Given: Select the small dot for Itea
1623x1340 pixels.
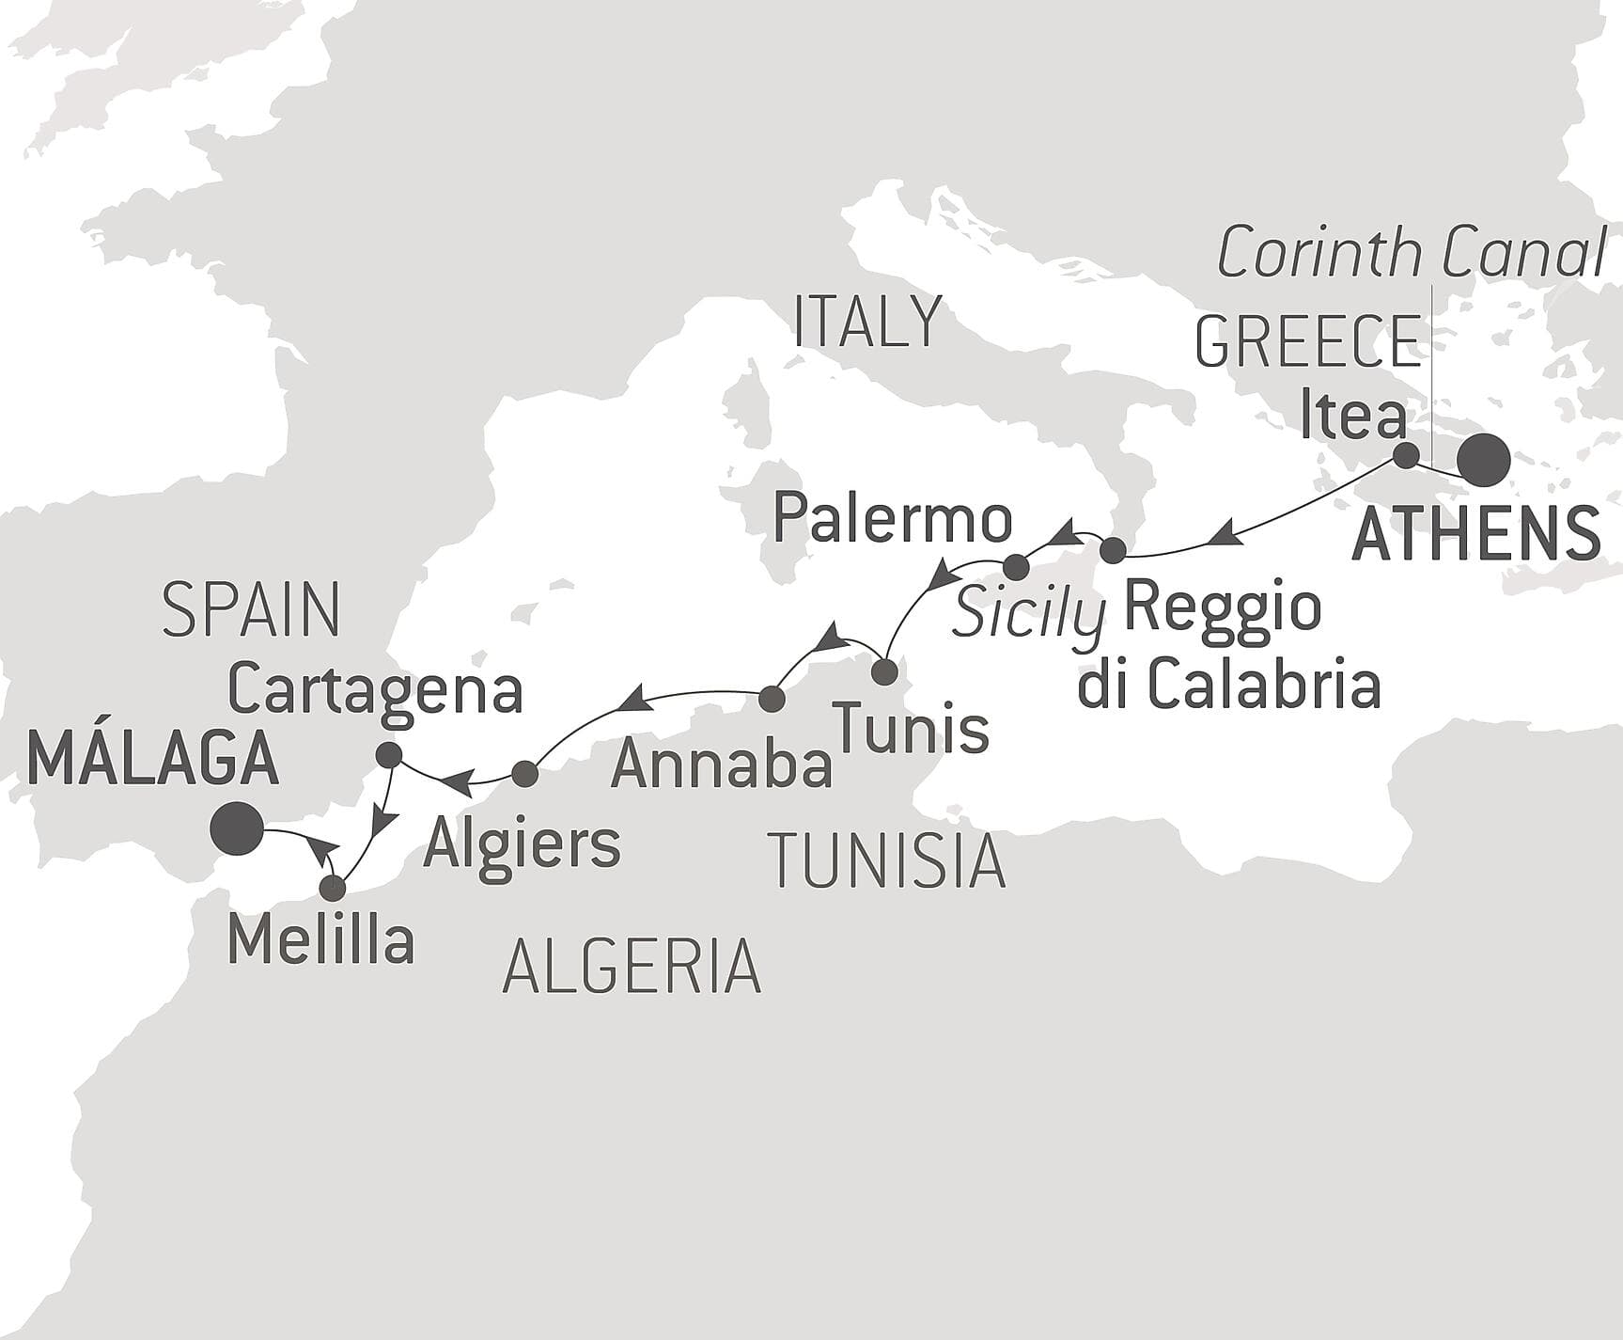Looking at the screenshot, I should click(1405, 456).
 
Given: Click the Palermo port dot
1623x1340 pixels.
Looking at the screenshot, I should click(1016, 567).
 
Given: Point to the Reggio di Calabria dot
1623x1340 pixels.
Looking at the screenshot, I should click(1113, 550).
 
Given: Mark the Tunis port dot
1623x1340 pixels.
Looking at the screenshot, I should click(884, 672).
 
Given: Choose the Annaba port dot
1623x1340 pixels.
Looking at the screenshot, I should click(771, 699).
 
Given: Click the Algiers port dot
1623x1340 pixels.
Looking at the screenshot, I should click(524, 774).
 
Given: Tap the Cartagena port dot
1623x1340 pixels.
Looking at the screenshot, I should click(388, 754).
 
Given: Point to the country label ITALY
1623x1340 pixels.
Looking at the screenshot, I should click(867, 322).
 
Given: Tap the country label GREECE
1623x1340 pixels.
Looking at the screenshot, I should click(1307, 342).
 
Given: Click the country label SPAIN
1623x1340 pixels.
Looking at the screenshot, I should click(251, 609).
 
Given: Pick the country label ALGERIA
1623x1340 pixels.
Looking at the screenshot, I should click(632, 967).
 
